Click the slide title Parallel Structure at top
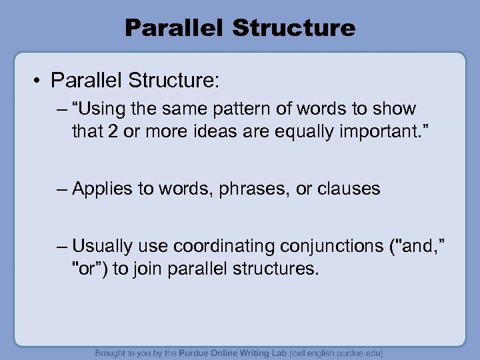pyautogui.click(x=240, y=28)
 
